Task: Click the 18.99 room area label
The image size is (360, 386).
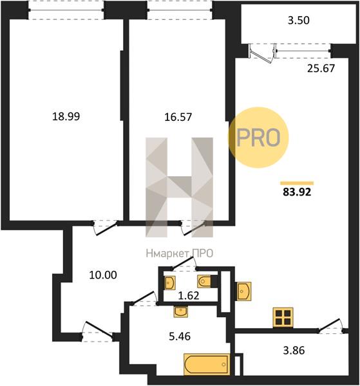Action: (x=66, y=116)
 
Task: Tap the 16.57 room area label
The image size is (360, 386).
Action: (x=178, y=117)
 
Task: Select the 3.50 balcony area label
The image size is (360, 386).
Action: (x=299, y=20)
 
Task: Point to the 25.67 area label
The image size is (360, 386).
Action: (x=321, y=68)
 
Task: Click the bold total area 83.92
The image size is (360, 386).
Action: (x=297, y=192)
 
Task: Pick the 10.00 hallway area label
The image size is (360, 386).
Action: (x=103, y=275)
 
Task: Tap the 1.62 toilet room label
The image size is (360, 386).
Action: (x=189, y=295)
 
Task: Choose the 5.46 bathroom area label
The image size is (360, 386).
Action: (x=180, y=336)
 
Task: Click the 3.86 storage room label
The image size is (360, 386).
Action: (x=294, y=350)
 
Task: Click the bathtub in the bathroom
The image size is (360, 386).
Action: (x=207, y=364)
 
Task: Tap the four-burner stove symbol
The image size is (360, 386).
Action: (x=283, y=318)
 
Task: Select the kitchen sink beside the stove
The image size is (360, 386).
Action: (x=244, y=291)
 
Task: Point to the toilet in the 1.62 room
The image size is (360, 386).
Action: (x=205, y=281)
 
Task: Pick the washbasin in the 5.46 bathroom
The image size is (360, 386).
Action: (x=180, y=311)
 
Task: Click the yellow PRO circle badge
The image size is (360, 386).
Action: (x=258, y=138)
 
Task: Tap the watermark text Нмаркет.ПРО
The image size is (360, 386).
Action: (x=180, y=253)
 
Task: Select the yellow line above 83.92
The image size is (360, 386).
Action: (x=297, y=183)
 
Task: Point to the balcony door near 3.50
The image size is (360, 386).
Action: (x=261, y=53)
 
